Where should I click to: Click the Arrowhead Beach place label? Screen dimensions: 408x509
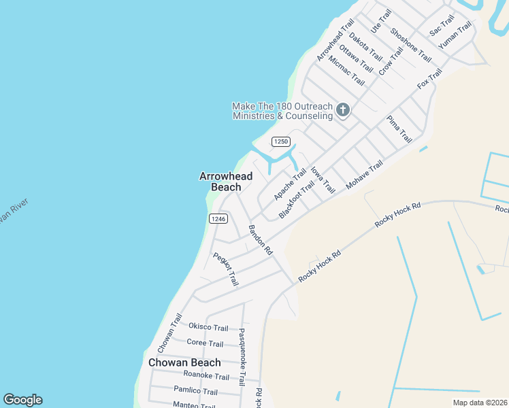pyautogui.click(x=225, y=182)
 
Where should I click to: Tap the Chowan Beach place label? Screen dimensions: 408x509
pyautogui.click(x=184, y=362)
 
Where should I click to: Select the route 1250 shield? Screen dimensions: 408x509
pyautogui.click(x=281, y=141)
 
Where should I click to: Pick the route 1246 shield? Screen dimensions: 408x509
pyautogui.click(x=218, y=218)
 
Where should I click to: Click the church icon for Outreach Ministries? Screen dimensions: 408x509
pyautogui.click(x=343, y=109)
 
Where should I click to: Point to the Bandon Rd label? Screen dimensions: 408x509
pyautogui.click(x=260, y=240)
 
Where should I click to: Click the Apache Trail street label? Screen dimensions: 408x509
pyautogui.click(x=291, y=184)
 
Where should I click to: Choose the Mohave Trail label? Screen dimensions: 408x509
pyautogui.click(x=365, y=175)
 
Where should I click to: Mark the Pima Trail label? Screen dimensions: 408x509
pyautogui.click(x=399, y=129)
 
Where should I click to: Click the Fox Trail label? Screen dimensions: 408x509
pyautogui.click(x=429, y=80)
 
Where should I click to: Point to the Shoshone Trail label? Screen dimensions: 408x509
pyautogui.click(x=411, y=44)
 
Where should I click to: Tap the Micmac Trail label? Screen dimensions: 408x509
pyautogui.click(x=346, y=70)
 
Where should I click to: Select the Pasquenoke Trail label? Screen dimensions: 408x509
pyautogui.click(x=242, y=357)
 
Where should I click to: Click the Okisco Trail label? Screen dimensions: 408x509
pyautogui.click(x=208, y=328)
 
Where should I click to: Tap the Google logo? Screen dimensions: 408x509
pyautogui.click(x=22, y=400)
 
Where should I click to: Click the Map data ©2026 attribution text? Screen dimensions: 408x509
pyautogui.click(x=480, y=403)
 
